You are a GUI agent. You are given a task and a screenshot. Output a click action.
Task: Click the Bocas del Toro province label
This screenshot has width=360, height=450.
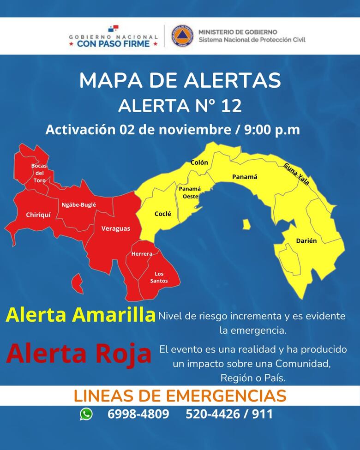point(39,173)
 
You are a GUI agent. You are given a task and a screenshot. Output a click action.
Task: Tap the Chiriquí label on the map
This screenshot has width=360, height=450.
point(38,215)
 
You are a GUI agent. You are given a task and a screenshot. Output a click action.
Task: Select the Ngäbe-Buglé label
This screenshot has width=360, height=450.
point(78,204)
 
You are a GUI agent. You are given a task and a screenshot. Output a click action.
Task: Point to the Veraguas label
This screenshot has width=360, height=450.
point(116,228)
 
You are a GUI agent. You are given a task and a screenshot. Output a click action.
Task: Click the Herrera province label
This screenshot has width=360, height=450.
point(142,254)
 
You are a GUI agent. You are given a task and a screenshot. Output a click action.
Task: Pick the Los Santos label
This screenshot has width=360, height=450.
point(159,277)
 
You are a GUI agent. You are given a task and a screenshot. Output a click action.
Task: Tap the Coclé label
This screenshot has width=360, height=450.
point(163,214)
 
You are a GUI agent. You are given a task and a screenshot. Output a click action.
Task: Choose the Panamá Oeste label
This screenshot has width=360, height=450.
point(190,192)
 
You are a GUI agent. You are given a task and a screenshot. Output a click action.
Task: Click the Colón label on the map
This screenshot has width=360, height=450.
point(199,162)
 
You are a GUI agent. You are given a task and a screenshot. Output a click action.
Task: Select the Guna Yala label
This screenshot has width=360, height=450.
point(296,174)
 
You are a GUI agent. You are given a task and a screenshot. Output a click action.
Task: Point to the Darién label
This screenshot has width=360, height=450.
point(306,241)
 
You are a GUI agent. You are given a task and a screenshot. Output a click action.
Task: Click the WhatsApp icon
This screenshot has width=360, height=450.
point(86,414)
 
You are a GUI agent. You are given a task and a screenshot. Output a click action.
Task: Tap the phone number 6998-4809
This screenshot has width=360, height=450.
point(138,414)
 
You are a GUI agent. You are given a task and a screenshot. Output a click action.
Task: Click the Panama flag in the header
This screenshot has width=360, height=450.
point(113,30)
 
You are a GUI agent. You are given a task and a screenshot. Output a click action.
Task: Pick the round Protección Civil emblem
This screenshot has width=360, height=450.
point(182,36)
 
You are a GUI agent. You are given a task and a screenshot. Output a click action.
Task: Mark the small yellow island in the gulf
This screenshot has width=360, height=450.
point(246,224)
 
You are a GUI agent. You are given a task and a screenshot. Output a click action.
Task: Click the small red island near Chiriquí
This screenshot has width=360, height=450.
point(78,283)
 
